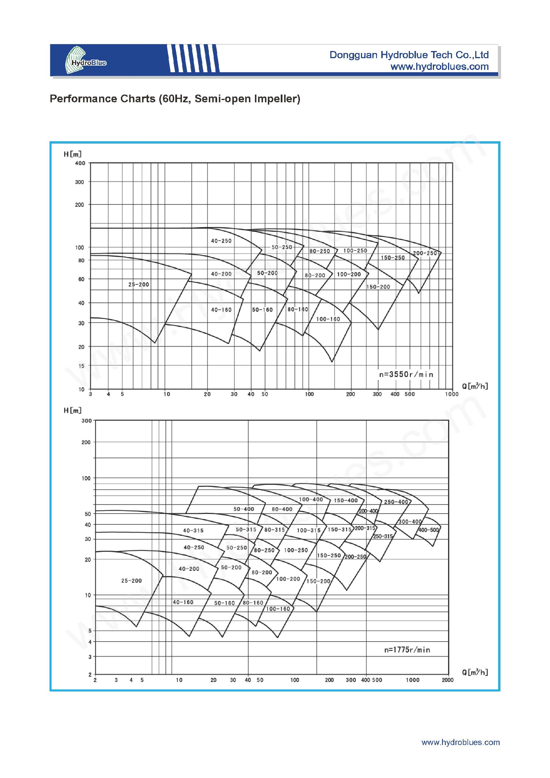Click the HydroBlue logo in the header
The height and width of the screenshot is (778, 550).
86,60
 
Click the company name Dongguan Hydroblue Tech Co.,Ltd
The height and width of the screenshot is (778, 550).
409,55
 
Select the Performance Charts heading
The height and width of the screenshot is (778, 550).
175,99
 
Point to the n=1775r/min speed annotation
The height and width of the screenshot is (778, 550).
407,650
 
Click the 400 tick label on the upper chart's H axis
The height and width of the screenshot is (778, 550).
80,163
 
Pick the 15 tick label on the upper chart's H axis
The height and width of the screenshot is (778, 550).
81,366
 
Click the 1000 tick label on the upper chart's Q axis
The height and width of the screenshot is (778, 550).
452,394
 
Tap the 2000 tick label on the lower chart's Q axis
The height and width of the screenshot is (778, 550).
447,680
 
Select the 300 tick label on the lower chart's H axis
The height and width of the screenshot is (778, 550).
87,420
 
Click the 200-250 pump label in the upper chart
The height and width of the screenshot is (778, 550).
425,253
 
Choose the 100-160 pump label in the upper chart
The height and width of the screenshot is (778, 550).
328,319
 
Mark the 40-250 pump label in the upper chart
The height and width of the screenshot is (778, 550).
221,241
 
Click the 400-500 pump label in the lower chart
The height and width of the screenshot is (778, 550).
429,530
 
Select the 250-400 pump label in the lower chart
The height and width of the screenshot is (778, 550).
396,502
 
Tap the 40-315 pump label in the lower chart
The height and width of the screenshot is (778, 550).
193,531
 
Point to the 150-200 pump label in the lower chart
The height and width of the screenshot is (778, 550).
318,581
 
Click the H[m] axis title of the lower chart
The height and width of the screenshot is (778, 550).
73,410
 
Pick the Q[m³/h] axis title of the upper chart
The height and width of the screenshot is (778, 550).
475,386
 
